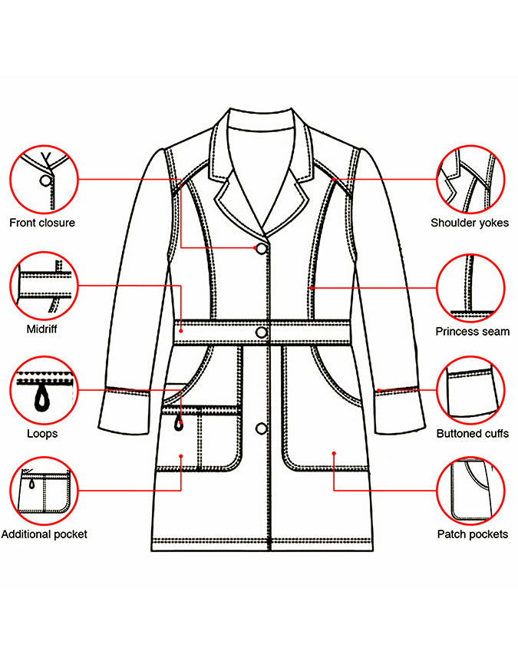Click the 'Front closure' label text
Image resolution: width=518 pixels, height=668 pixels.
(x=42, y=223)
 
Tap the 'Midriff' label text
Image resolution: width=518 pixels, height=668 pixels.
(x=41, y=329)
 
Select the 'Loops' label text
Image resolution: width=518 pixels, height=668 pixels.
(x=42, y=434)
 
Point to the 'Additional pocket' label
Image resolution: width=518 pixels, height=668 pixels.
(x=45, y=534)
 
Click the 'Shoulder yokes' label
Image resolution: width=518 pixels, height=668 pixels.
(x=470, y=223)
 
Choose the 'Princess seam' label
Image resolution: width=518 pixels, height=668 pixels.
(x=473, y=332)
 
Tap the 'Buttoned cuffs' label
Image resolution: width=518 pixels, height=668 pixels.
(x=473, y=434)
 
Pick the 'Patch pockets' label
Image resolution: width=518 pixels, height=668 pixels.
(x=473, y=534)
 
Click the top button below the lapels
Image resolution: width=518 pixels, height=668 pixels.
(x=262, y=249)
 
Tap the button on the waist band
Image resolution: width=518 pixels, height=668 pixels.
(x=262, y=332)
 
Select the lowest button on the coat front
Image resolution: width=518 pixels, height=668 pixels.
(x=262, y=428)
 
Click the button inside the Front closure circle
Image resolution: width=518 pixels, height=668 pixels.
(x=45, y=180)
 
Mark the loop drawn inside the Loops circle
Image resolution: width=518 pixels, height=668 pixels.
(x=42, y=401)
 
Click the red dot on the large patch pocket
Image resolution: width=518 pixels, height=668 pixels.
(x=334, y=453)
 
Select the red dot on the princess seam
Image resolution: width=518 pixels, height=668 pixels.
(x=312, y=289)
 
